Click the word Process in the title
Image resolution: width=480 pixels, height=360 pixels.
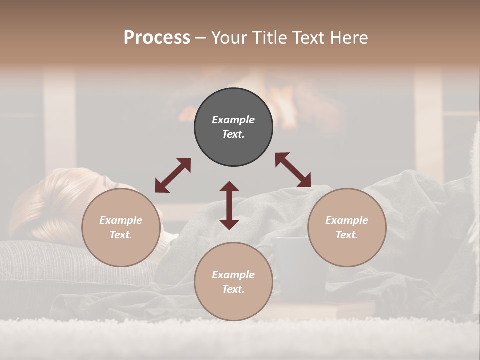(157, 38)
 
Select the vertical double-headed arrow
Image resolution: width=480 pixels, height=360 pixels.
(229, 205)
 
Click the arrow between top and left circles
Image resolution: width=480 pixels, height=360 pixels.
(173, 175)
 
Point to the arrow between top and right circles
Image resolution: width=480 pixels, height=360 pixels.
(293, 170)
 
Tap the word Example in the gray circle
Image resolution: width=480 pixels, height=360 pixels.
(233, 120)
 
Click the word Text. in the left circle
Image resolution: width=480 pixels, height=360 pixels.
(121, 235)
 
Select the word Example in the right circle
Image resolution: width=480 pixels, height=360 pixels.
(347, 220)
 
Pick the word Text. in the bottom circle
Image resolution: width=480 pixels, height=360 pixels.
(233, 289)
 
